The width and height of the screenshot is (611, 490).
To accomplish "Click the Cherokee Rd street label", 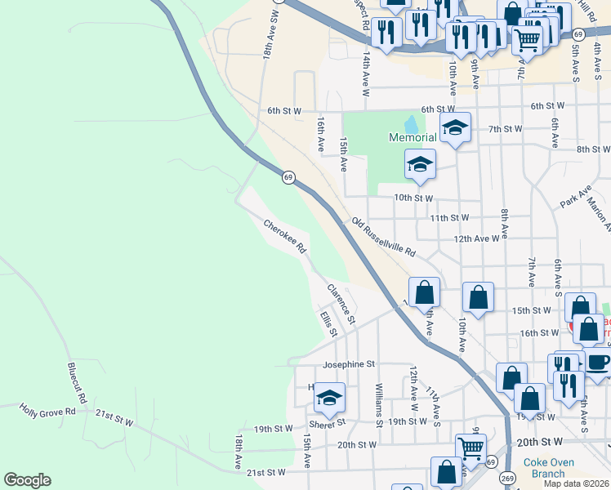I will (284, 234).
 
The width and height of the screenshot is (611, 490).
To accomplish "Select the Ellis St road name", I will (328, 323).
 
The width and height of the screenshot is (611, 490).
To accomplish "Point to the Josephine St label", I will (348, 364).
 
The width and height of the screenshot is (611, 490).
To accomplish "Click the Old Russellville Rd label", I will (384, 236).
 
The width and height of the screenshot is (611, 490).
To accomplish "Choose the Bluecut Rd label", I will (75, 383).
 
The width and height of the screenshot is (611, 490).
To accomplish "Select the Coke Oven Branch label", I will (544, 468).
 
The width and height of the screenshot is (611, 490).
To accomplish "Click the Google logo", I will (27, 480).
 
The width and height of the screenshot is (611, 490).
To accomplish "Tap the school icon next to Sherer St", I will (329, 398).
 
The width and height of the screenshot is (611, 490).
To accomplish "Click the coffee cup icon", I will (597, 363).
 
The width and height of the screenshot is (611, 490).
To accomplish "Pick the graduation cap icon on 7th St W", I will (456, 127).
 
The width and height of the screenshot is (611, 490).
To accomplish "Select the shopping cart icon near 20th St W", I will (471, 447).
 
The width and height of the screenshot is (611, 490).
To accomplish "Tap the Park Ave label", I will (575, 198).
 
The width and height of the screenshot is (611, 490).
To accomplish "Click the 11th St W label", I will (449, 218).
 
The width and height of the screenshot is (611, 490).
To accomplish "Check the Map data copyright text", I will (576, 483).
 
